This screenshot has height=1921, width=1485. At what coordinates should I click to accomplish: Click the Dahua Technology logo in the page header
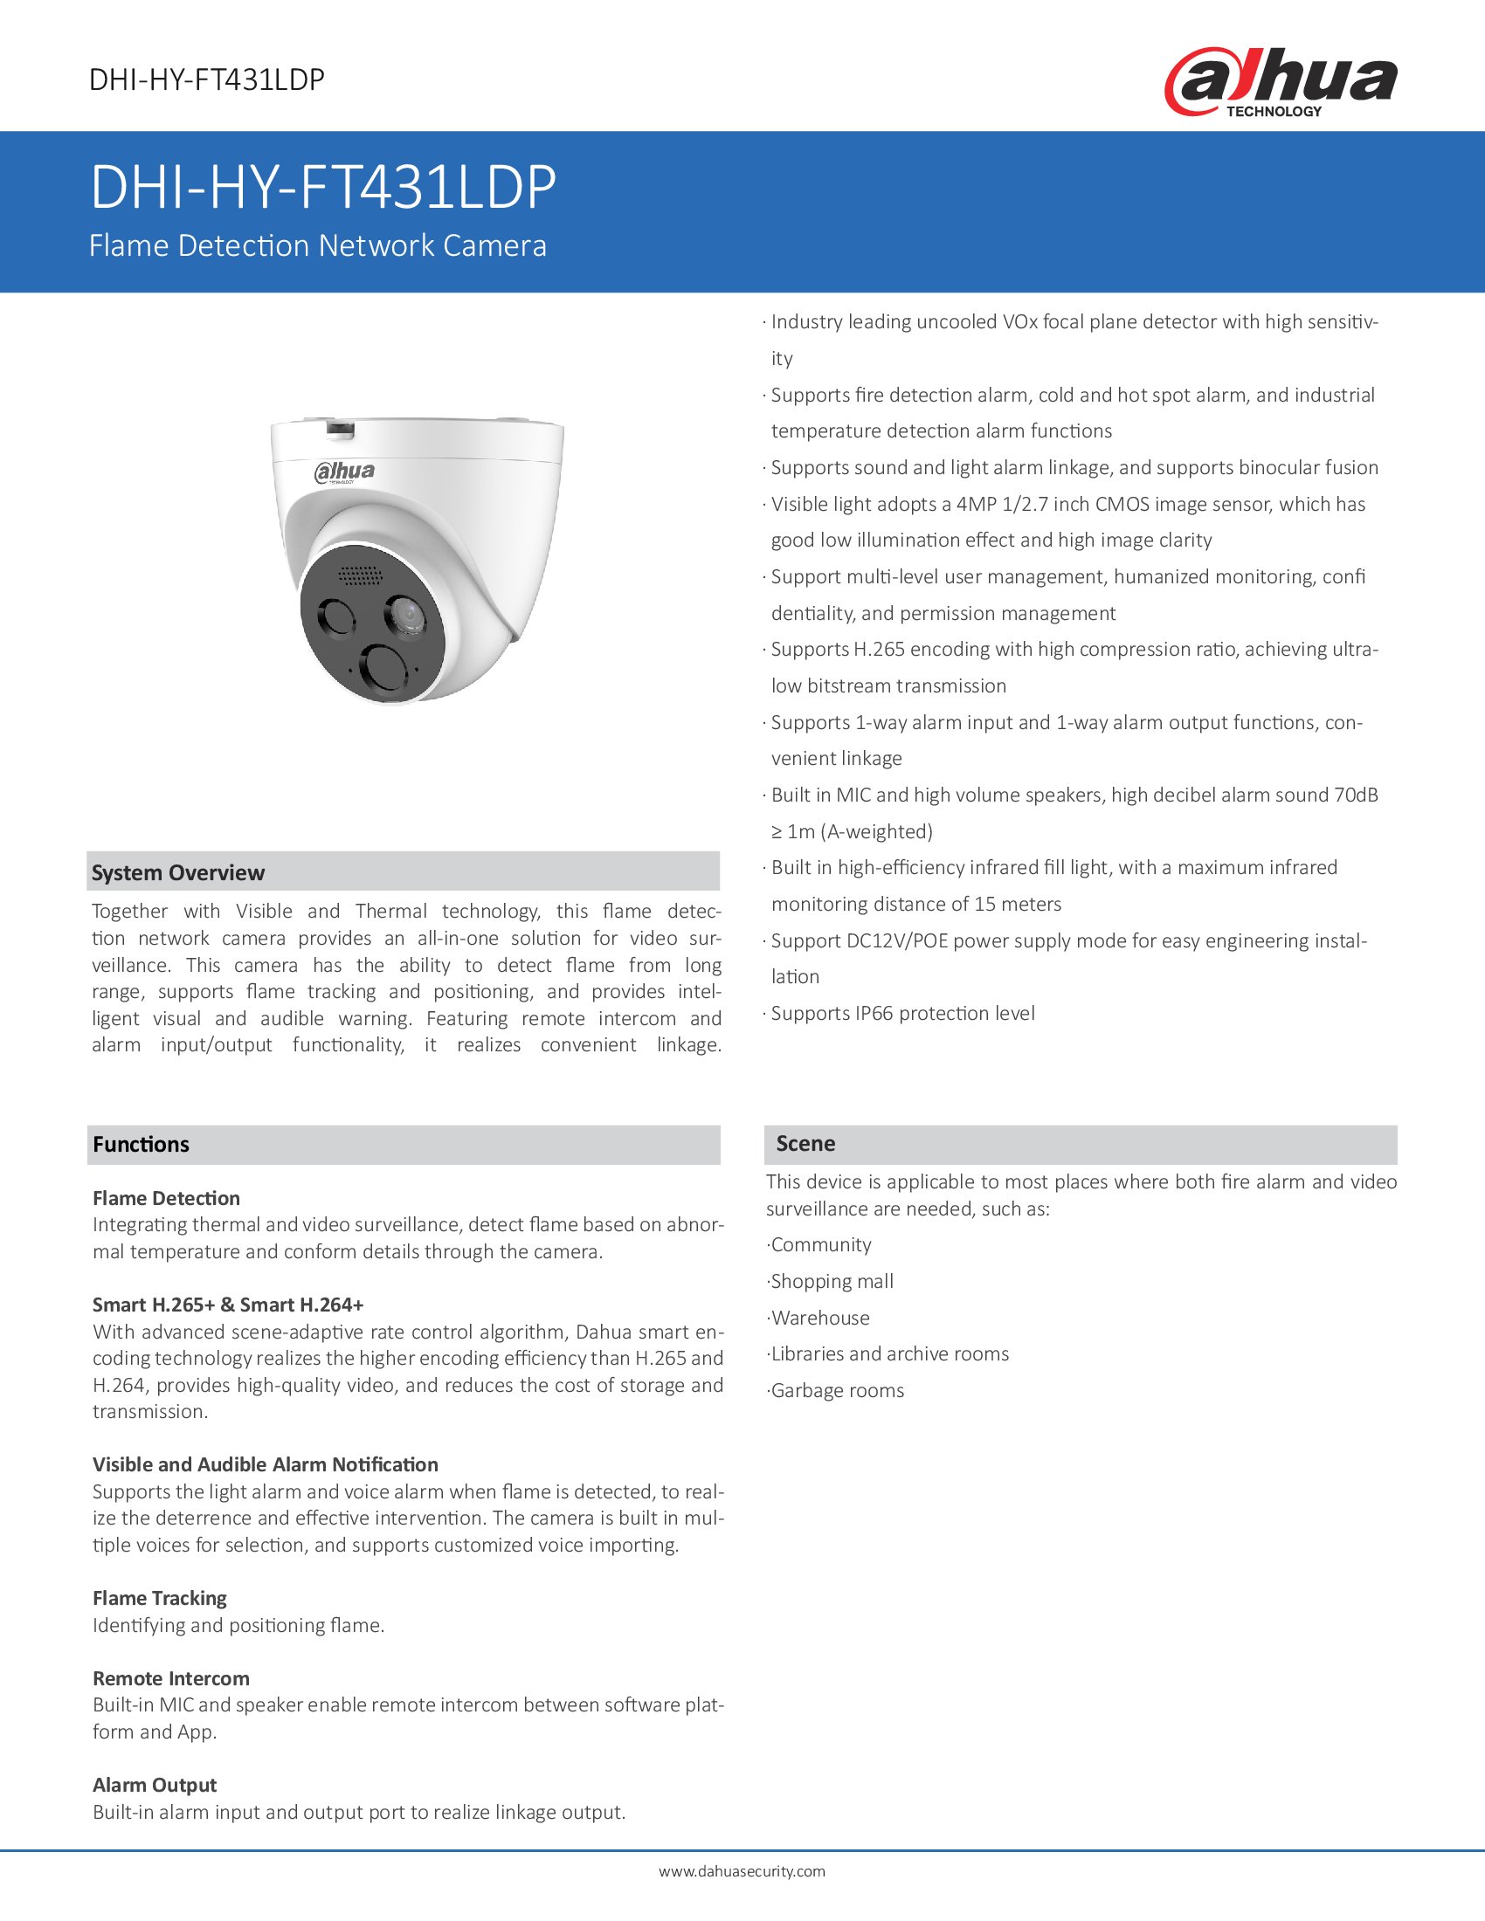click(x=1280, y=82)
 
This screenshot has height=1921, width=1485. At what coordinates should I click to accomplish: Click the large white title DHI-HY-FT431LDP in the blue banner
click(x=323, y=188)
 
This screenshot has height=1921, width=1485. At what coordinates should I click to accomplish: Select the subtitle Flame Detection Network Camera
click(x=318, y=245)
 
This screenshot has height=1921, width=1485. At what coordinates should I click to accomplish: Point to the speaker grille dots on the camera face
click(x=361, y=575)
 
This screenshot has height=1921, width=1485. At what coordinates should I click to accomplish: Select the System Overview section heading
click(x=177, y=872)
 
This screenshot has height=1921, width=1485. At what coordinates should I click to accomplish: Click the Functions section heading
click(x=141, y=1145)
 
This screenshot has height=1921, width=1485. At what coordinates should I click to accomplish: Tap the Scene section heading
click(x=805, y=1144)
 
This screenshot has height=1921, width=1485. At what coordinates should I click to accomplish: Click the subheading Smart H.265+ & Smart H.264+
click(x=228, y=1305)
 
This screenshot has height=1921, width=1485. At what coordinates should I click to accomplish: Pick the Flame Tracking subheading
click(x=159, y=1598)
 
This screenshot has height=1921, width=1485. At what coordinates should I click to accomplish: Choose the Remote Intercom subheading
click(x=170, y=1678)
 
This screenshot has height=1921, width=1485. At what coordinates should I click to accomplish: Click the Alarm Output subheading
click(x=154, y=1785)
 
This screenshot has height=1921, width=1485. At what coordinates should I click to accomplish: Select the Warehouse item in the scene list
click(x=820, y=1318)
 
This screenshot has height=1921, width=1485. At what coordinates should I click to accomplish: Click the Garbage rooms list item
click(x=837, y=1391)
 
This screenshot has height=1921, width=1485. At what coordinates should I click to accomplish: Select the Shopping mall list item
click(x=832, y=1282)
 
